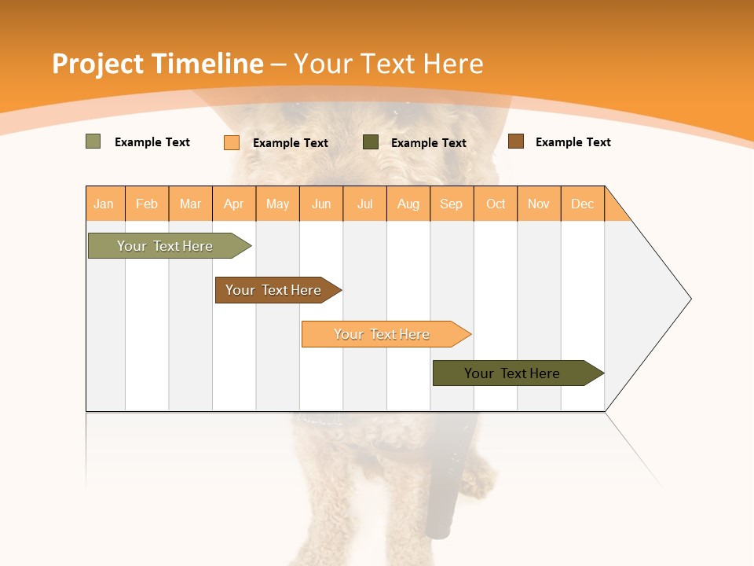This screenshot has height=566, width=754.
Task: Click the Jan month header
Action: point(104,204)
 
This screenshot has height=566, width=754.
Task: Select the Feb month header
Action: point(147,204)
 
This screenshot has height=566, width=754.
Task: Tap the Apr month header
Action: point(233,204)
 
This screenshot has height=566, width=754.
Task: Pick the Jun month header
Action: point(321,204)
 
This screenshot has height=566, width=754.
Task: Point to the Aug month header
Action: point(408,204)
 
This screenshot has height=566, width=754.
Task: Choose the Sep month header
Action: point(451,204)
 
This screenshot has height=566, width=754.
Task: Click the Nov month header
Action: point(538,204)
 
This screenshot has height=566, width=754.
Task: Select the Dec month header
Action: point(582,204)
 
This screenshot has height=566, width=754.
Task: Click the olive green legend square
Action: point(93,141)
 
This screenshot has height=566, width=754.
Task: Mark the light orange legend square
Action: point(231,142)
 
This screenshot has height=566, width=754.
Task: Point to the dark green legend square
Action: point(370,142)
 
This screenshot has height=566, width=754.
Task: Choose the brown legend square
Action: point(515,141)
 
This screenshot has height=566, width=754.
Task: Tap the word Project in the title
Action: point(97,64)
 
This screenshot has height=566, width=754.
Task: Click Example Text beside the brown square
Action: point(573,142)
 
